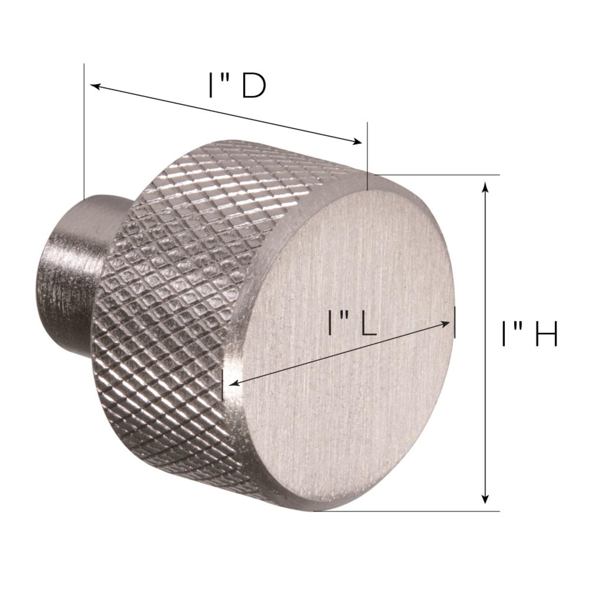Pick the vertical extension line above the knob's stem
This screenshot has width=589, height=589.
tap(84, 130)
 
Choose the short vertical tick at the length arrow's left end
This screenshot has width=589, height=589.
tap(223, 385)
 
